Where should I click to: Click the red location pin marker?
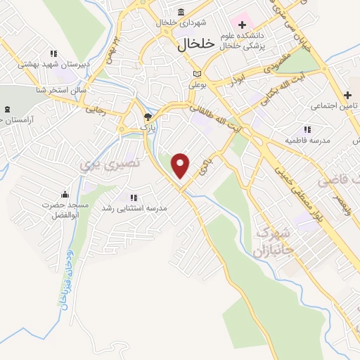click(x=181, y=165)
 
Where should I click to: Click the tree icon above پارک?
click(x=147, y=117)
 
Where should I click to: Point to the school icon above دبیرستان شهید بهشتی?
click(x=53, y=53)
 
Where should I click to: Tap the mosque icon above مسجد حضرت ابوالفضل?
click(x=65, y=195)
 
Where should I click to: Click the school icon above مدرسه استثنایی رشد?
click(x=133, y=198)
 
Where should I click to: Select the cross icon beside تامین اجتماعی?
click(x=347, y=95)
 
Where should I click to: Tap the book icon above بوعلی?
click(x=197, y=74)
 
